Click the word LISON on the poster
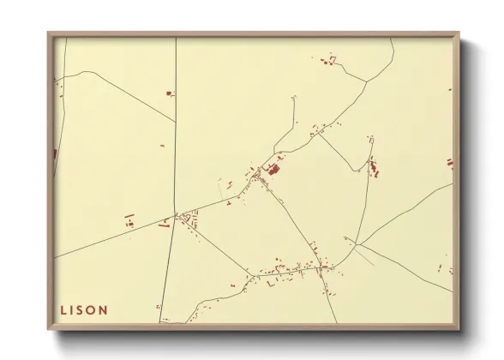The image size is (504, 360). coord(84,309)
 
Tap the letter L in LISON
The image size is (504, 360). coord(63,309)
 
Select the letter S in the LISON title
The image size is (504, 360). coord(80,309)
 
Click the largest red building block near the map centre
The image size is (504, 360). coord(273,170)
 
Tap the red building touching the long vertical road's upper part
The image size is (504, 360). coord(170,93)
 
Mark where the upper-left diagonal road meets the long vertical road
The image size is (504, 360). coord(176,121)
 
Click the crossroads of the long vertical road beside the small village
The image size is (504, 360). coord(176,213)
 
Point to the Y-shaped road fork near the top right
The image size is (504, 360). coord(367,82)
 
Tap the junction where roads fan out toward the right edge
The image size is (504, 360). coord(354,245)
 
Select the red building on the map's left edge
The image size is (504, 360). coord(56,154)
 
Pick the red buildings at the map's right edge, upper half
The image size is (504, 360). coord(449,163)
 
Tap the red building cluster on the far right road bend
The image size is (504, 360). coord(373,165)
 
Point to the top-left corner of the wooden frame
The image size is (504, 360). coord(50,34)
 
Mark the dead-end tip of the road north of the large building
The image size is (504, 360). coord(294,98)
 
